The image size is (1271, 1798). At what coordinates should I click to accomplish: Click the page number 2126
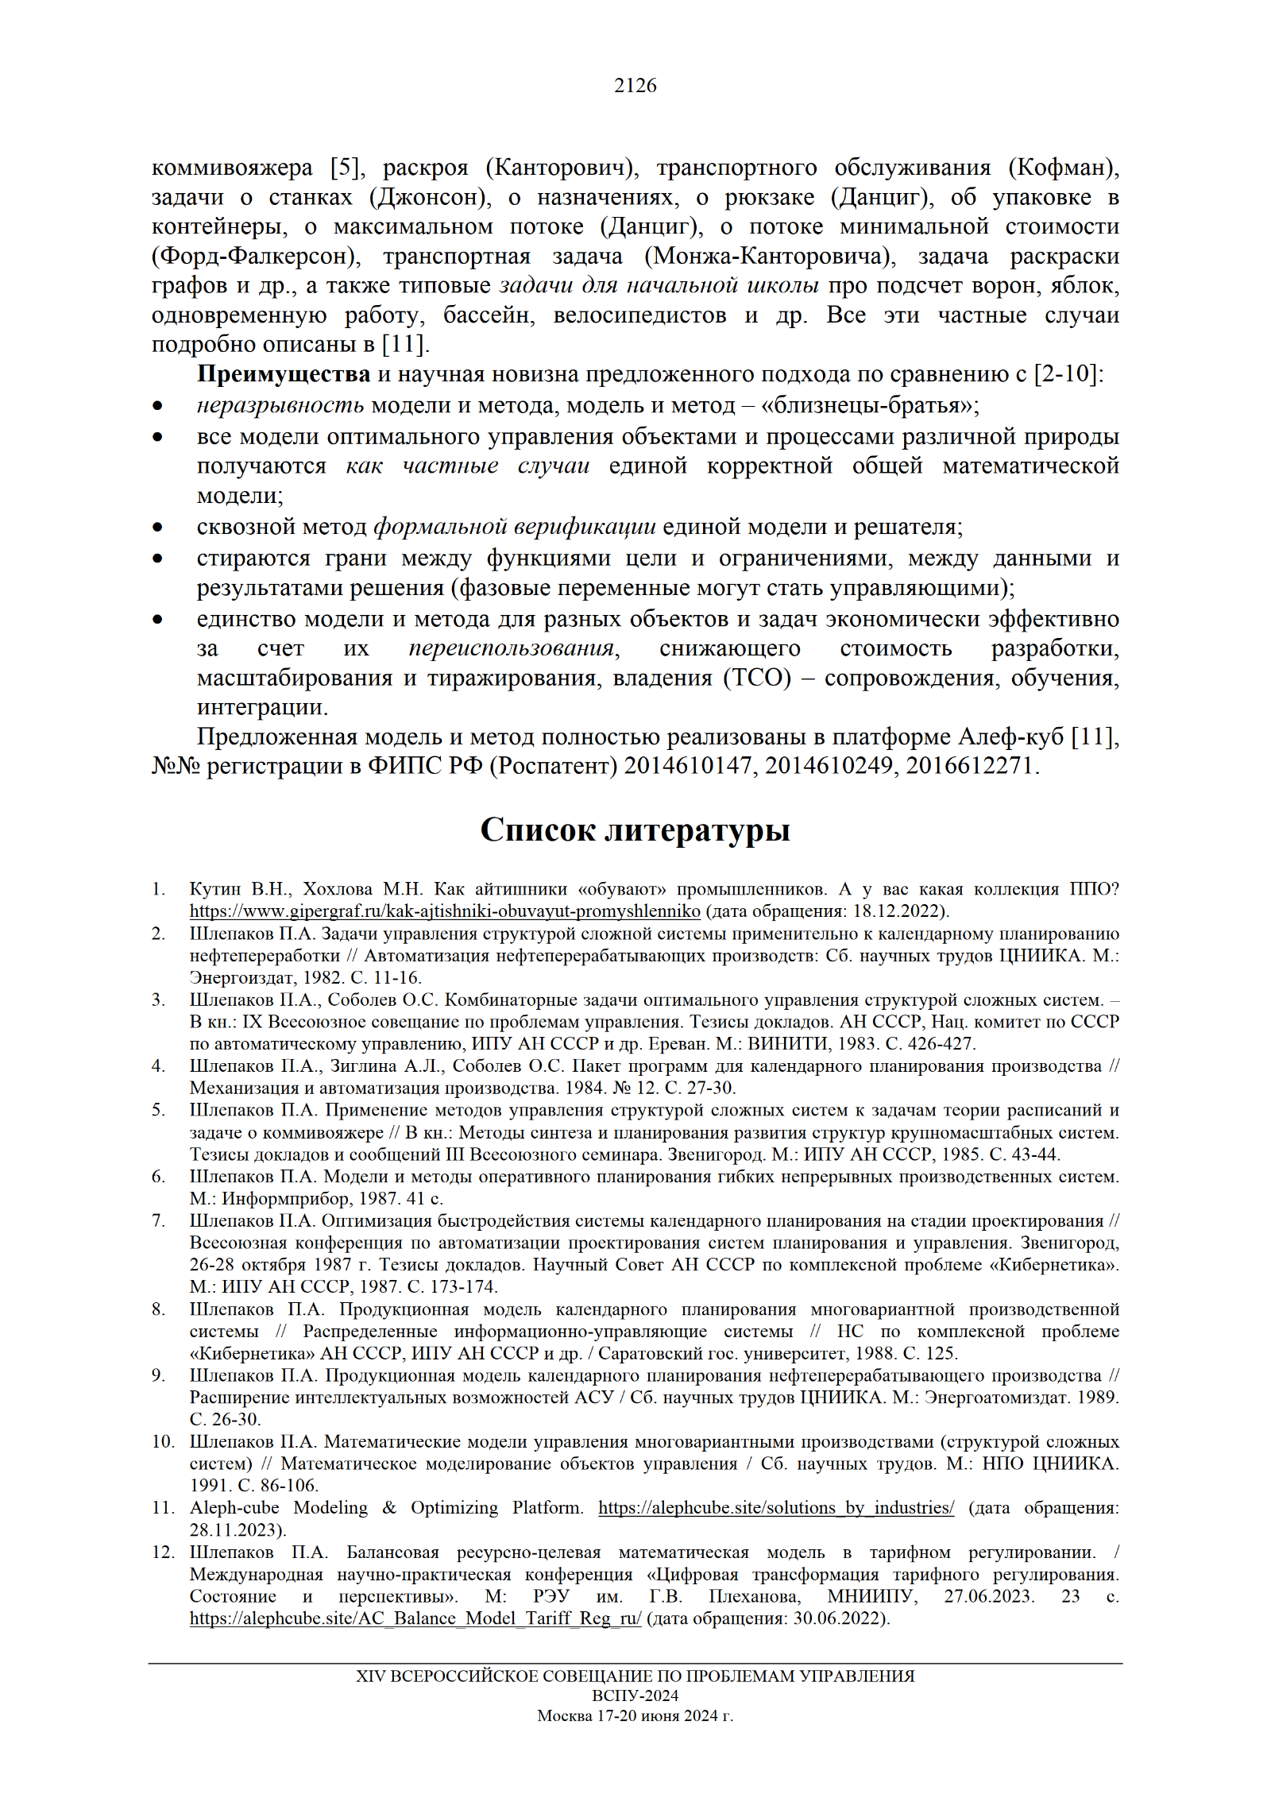(x=635, y=86)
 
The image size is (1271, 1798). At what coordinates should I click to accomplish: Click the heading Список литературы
(x=635, y=829)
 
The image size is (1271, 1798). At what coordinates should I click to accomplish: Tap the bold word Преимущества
(x=284, y=373)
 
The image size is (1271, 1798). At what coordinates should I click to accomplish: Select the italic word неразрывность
(x=280, y=405)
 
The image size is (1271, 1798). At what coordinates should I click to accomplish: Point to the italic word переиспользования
(x=512, y=648)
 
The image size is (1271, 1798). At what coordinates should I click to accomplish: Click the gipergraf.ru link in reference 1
(x=445, y=911)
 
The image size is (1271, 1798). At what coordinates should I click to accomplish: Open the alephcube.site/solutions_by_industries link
(x=776, y=1508)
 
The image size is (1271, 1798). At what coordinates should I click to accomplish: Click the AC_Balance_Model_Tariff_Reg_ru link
(x=415, y=1618)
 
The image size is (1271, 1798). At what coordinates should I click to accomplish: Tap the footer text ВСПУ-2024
(x=635, y=1696)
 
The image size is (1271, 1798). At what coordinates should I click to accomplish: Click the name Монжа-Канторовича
(x=769, y=256)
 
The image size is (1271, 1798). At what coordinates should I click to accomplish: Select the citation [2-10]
(x=1068, y=373)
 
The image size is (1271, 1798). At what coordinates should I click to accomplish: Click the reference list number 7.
(x=158, y=1220)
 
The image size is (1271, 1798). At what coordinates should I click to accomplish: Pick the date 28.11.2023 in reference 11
(x=236, y=1529)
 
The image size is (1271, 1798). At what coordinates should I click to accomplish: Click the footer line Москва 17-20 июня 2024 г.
(x=635, y=1715)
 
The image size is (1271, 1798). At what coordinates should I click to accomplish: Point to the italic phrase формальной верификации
(x=515, y=527)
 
